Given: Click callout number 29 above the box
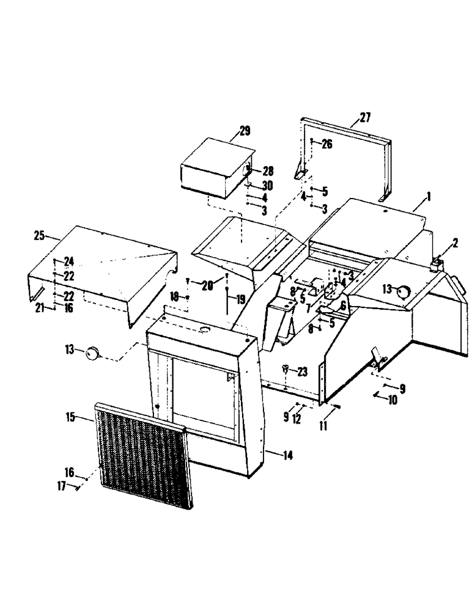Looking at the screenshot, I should [x=245, y=130].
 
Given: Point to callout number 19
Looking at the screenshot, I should [x=240, y=299].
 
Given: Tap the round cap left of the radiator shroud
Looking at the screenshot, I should [x=93, y=352].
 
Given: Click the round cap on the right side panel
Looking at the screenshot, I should [x=402, y=291].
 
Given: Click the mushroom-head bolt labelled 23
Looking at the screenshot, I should [x=286, y=368].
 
